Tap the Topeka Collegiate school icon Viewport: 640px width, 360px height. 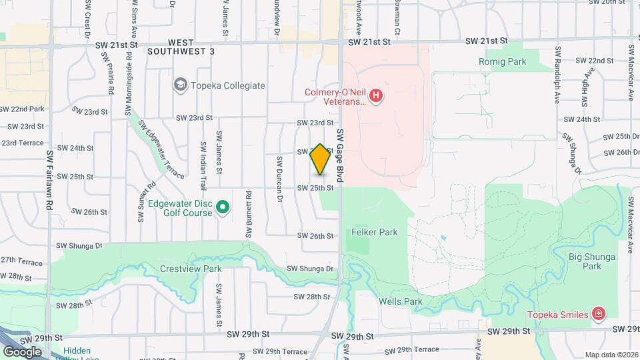click(x=180, y=85)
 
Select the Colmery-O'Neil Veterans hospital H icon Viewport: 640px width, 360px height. click(x=377, y=97)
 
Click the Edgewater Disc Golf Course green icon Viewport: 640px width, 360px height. click(x=223, y=209)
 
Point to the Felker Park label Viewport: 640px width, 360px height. click(x=374, y=232)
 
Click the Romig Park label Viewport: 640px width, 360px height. click(x=502, y=61)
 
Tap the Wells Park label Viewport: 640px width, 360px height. click(x=401, y=301)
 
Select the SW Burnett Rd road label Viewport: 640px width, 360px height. click(x=248, y=214)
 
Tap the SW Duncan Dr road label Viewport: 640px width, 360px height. click(x=280, y=179)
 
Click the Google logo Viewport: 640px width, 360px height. click(x=22, y=351)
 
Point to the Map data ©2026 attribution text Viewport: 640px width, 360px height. click(x=611, y=355)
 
